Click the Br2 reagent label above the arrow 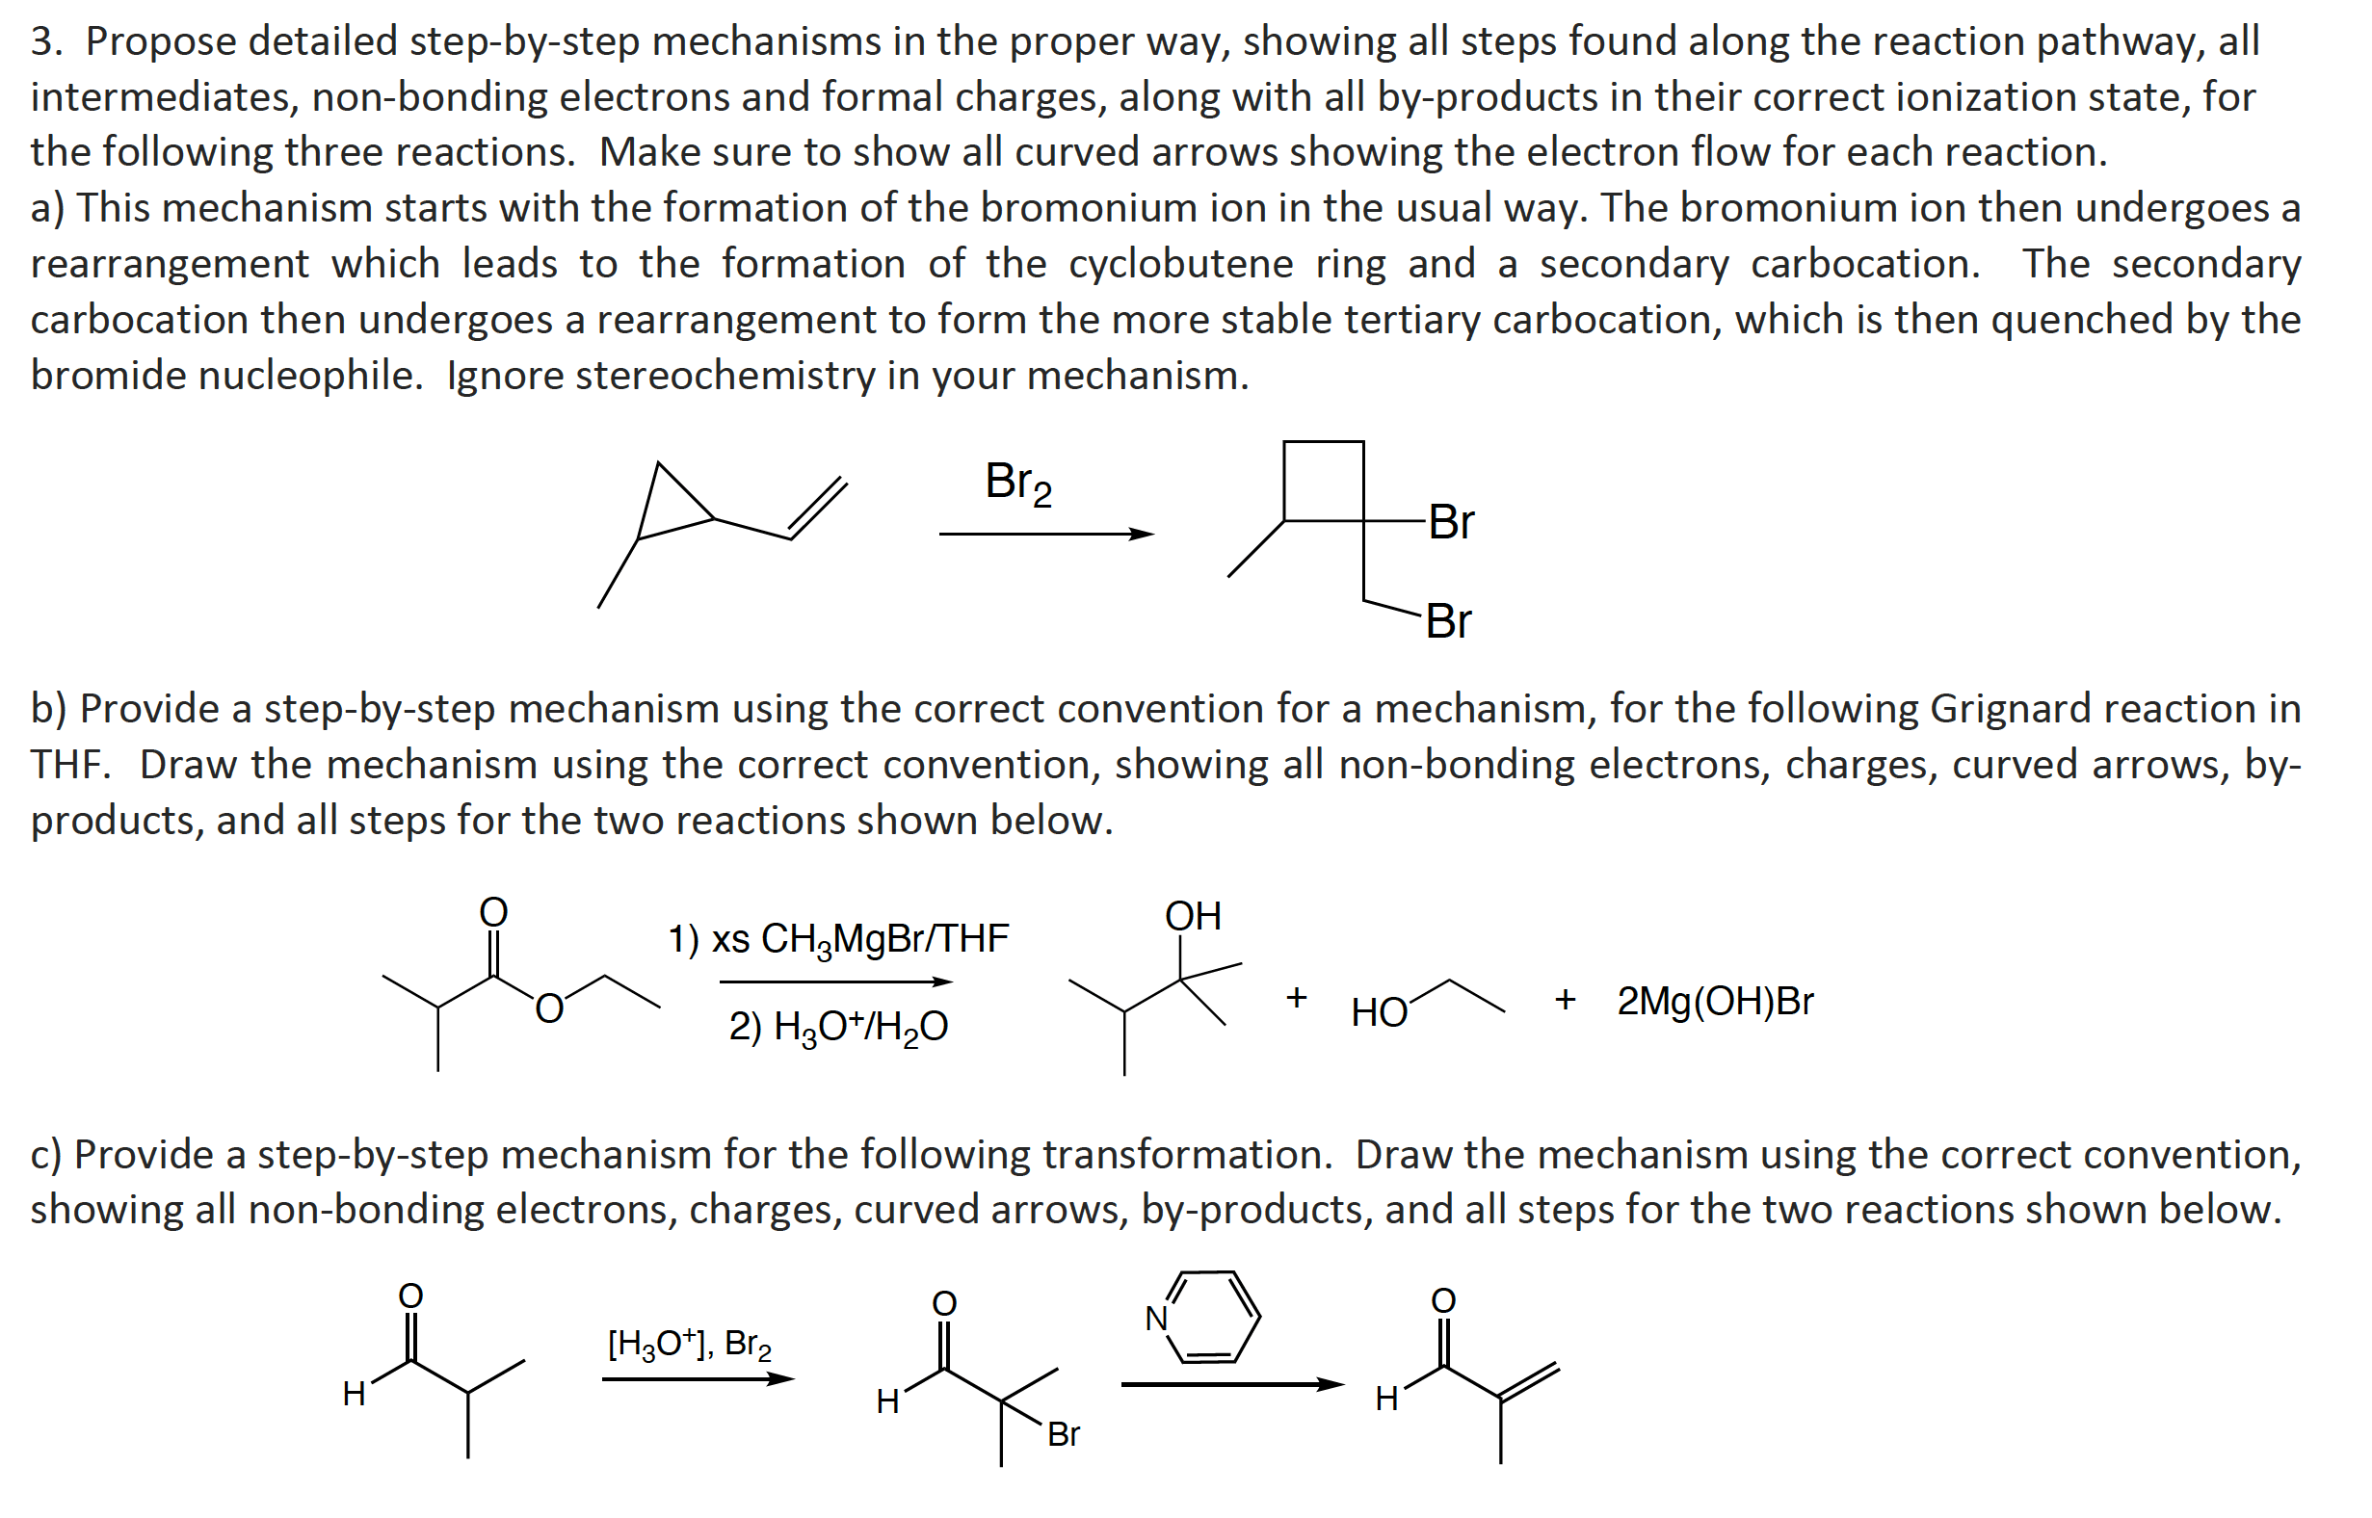tap(1018, 483)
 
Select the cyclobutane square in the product tap(1323, 480)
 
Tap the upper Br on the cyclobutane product tap(1450, 521)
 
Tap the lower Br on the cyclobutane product tap(1447, 621)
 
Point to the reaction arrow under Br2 tap(1045, 535)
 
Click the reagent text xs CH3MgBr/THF tap(838, 939)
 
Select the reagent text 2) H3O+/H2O tap(838, 1027)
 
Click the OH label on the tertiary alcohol tap(1193, 917)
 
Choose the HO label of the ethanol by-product tap(1379, 1012)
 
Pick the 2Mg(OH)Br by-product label tap(1714, 1002)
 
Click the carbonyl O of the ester tap(493, 912)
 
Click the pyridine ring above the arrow tap(1213, 1317)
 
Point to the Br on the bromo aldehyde tap(1063, 1434)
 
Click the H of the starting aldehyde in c tap(354, 1394)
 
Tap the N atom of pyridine tap(1155, 1319)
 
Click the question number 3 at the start tap(41, 41)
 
